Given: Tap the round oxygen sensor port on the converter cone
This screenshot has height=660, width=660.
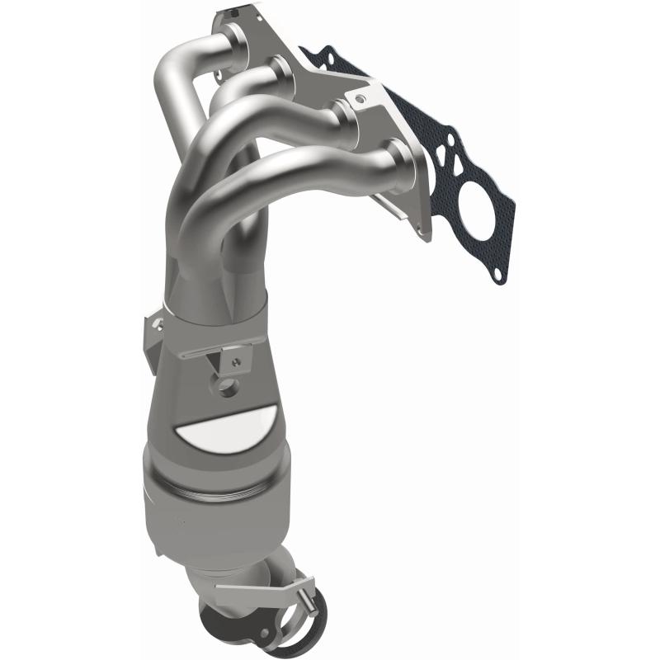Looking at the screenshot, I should click(x=225, y=386).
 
